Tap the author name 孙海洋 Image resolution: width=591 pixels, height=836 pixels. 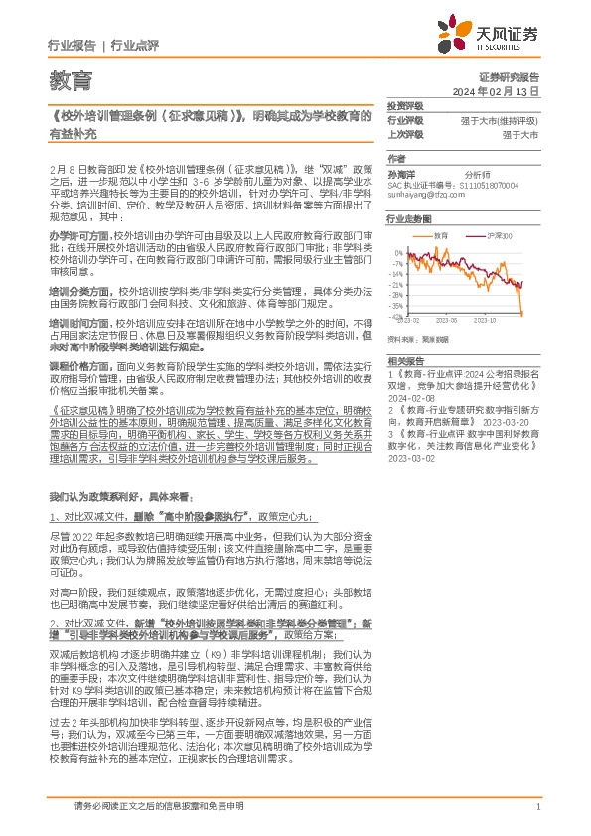pyautogui.click(x=400, y=172)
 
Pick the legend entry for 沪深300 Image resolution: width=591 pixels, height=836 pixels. pyautogui.click(x=500, y=235)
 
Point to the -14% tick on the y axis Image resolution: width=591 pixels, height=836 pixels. pyautogui.click(x=396, y=273)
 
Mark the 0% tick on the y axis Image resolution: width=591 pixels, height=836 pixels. pyautogui.click(x=398, y=251)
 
